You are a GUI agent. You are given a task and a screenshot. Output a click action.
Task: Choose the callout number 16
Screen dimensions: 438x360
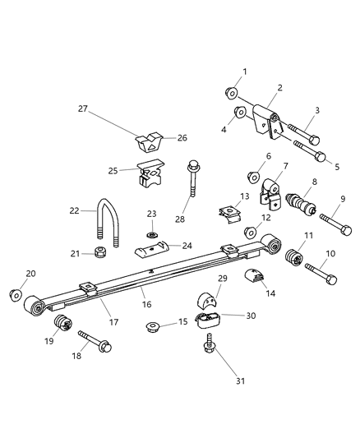(x=147, y=304)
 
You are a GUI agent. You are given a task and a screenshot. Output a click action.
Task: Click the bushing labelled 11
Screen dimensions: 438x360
(x=293, y=262)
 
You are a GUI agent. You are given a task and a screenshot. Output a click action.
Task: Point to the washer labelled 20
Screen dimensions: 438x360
(x=16, y=294)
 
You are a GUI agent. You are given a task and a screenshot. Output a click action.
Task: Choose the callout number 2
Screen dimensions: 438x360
(x=279, y=87)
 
